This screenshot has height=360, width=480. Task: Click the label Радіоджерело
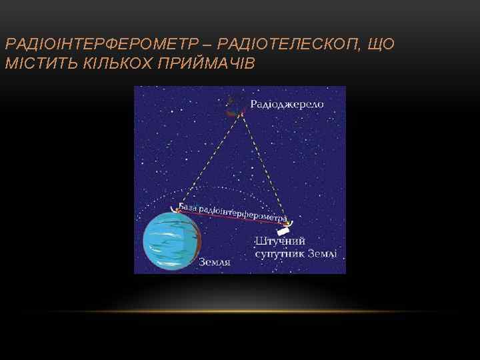[287, 104]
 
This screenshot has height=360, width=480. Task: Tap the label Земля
[215, 262]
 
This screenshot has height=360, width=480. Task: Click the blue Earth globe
[171, 241]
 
